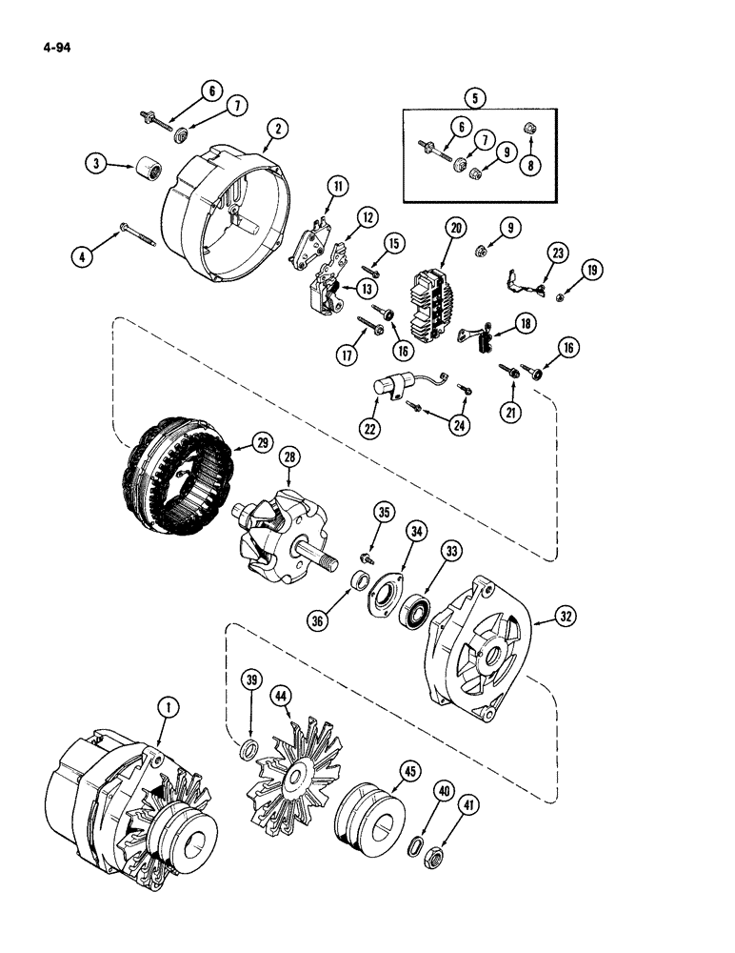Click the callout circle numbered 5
click(473, 96)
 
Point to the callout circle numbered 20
click(456, 228)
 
